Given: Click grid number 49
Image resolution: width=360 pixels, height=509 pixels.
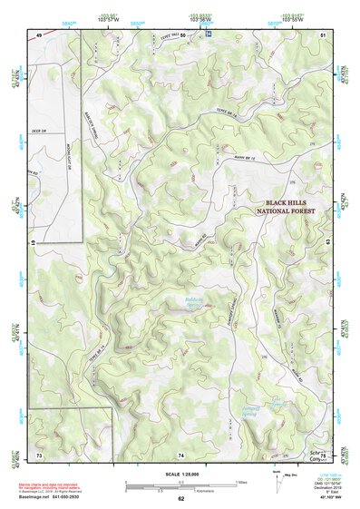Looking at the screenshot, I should coord(39,35).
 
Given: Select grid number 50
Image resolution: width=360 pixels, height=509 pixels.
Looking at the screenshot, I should coord(182,35).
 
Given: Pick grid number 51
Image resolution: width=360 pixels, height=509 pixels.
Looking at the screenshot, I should coord(324,35).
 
